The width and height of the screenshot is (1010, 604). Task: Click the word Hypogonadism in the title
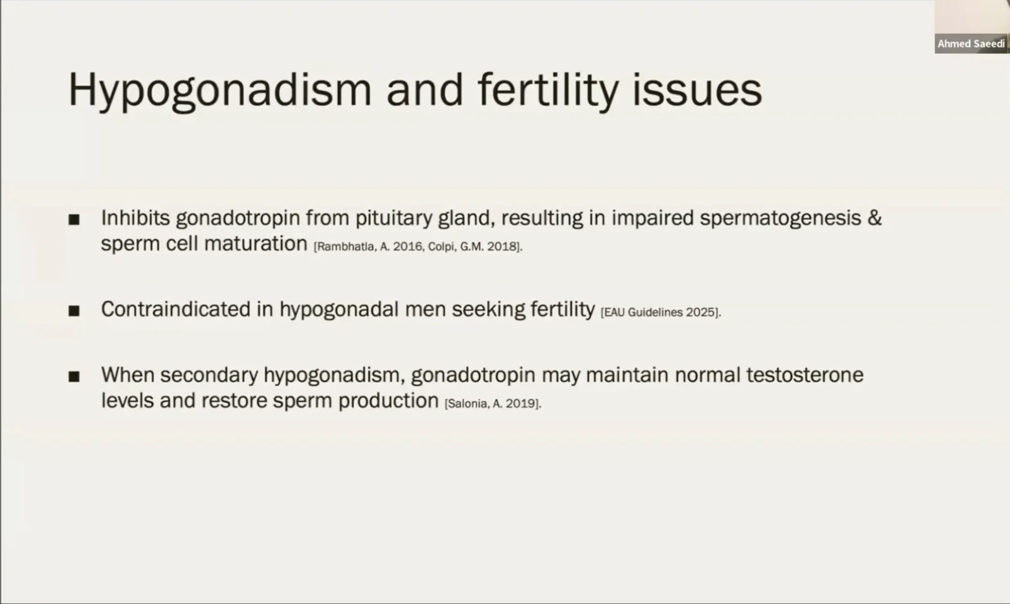point(220,90)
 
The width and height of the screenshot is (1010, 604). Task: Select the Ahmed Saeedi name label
point(971,44)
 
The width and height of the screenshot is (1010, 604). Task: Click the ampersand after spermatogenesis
point(874,218)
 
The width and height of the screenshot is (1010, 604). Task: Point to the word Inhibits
point(135,218)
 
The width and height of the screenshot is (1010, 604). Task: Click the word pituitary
point(394,219)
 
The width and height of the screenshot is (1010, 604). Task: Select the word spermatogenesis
point(780,219)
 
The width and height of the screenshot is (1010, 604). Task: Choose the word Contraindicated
point(176,309)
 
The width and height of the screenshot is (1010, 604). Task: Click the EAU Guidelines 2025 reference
point(660,312)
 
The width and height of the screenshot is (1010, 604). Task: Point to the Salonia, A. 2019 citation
point(492,404)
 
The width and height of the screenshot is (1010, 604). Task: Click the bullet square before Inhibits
point(74,219)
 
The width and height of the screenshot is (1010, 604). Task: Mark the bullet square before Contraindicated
point(74,310)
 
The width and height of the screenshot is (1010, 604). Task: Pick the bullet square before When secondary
point(74,376)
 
